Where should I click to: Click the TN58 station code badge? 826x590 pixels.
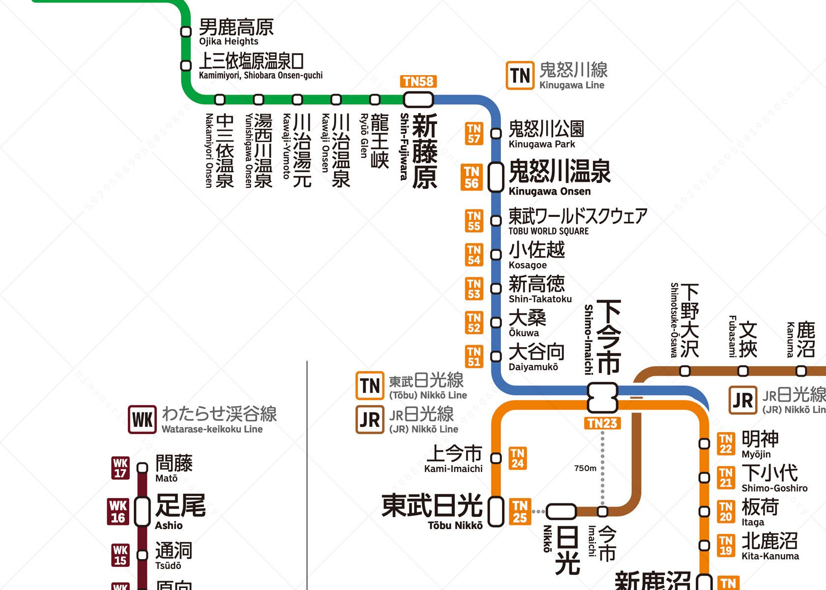[x=418, y=82]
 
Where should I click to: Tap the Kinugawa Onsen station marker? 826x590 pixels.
[x=496, y=177]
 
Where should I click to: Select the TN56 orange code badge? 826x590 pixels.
[x=472, y=177]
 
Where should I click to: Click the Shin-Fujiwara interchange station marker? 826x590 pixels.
[x=418, y=100]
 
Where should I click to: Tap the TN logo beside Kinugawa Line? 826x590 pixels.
[x=520, y=76]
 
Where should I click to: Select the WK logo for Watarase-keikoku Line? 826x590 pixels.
[x=143, y=419]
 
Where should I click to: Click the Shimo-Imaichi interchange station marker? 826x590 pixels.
[x=602, y=397]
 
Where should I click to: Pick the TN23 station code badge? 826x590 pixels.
[x=602, y=423]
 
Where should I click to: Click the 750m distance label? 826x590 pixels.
[x=585, y=468]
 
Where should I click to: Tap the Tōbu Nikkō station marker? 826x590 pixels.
[x=496, y=511]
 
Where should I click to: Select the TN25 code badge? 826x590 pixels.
[x=520, y=511]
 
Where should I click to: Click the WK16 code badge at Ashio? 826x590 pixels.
[x=118, y=511]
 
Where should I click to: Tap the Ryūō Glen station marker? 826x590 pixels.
[x=375, y=100]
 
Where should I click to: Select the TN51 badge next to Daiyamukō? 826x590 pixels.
[x=473, y=356]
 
